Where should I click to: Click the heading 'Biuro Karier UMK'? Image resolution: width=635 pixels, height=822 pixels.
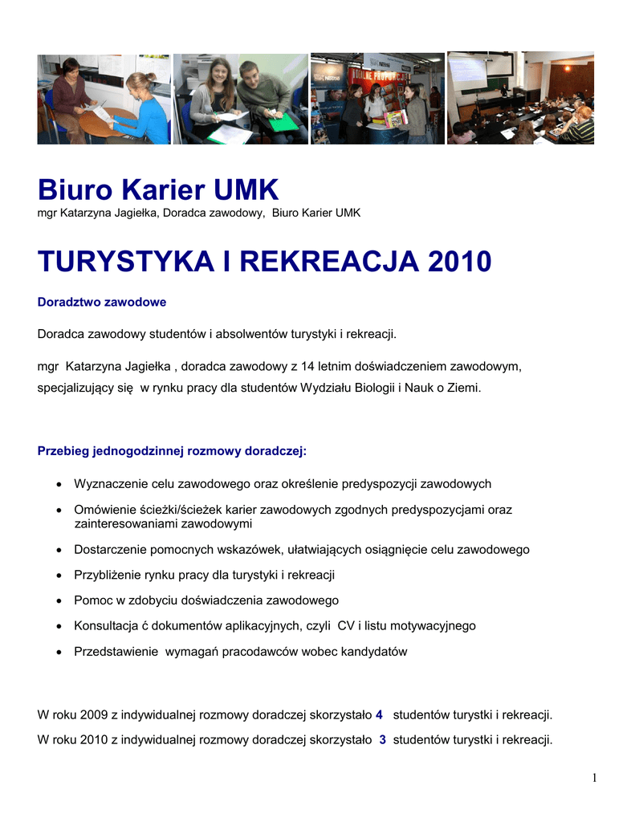pyautogui.click(x=158, y=190)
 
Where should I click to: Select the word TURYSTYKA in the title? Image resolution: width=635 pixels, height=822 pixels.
pyautogui.click(x=126, y=261)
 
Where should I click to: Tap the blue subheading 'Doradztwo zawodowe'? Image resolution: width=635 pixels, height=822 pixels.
pyautogui.click(x=102, y=302)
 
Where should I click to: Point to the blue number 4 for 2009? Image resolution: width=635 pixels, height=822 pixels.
pyautogui.click(x=379, y=714)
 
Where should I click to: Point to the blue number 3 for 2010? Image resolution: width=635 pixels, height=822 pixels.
pyautogui.click(x=383, y=740)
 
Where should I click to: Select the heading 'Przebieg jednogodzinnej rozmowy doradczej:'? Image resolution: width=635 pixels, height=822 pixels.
pyautogui.click(x=173, y=451)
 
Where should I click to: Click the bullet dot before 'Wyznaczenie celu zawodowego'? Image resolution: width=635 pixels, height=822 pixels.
pyautogui.click(x=61, y=485)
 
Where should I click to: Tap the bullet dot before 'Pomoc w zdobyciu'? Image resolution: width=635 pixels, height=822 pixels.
pyautogui.click(x=61, y=600)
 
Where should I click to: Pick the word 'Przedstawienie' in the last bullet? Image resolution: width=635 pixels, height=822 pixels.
pyautogui.click(x=116, y=652)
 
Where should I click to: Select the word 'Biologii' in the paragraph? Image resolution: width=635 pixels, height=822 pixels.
pyautogui.click(x=374, y=387)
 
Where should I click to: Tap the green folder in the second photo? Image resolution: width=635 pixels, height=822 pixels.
pyautogui.click(x=283, y=122)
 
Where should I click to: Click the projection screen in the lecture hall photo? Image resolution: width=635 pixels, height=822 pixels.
pyautogui.click(x=467, y=74)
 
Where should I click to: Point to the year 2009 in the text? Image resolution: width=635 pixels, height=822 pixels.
pyautogui.click(x=94, y=714)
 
